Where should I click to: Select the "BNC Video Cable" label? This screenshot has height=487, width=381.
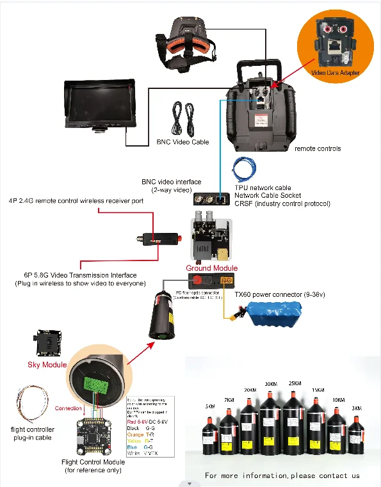[182, 142]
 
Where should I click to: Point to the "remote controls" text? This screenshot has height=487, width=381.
[318, 148]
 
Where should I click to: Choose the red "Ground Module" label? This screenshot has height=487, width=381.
[212, 268]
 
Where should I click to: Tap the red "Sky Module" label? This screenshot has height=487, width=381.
[47, 364]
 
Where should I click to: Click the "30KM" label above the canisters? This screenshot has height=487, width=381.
[271, 384]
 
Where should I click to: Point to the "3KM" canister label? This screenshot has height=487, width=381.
[357, 408]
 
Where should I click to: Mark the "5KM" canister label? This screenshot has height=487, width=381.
[211, 406]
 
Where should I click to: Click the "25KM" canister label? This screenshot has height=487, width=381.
[295, 383]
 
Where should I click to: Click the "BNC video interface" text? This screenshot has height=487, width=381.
[171, 182]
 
